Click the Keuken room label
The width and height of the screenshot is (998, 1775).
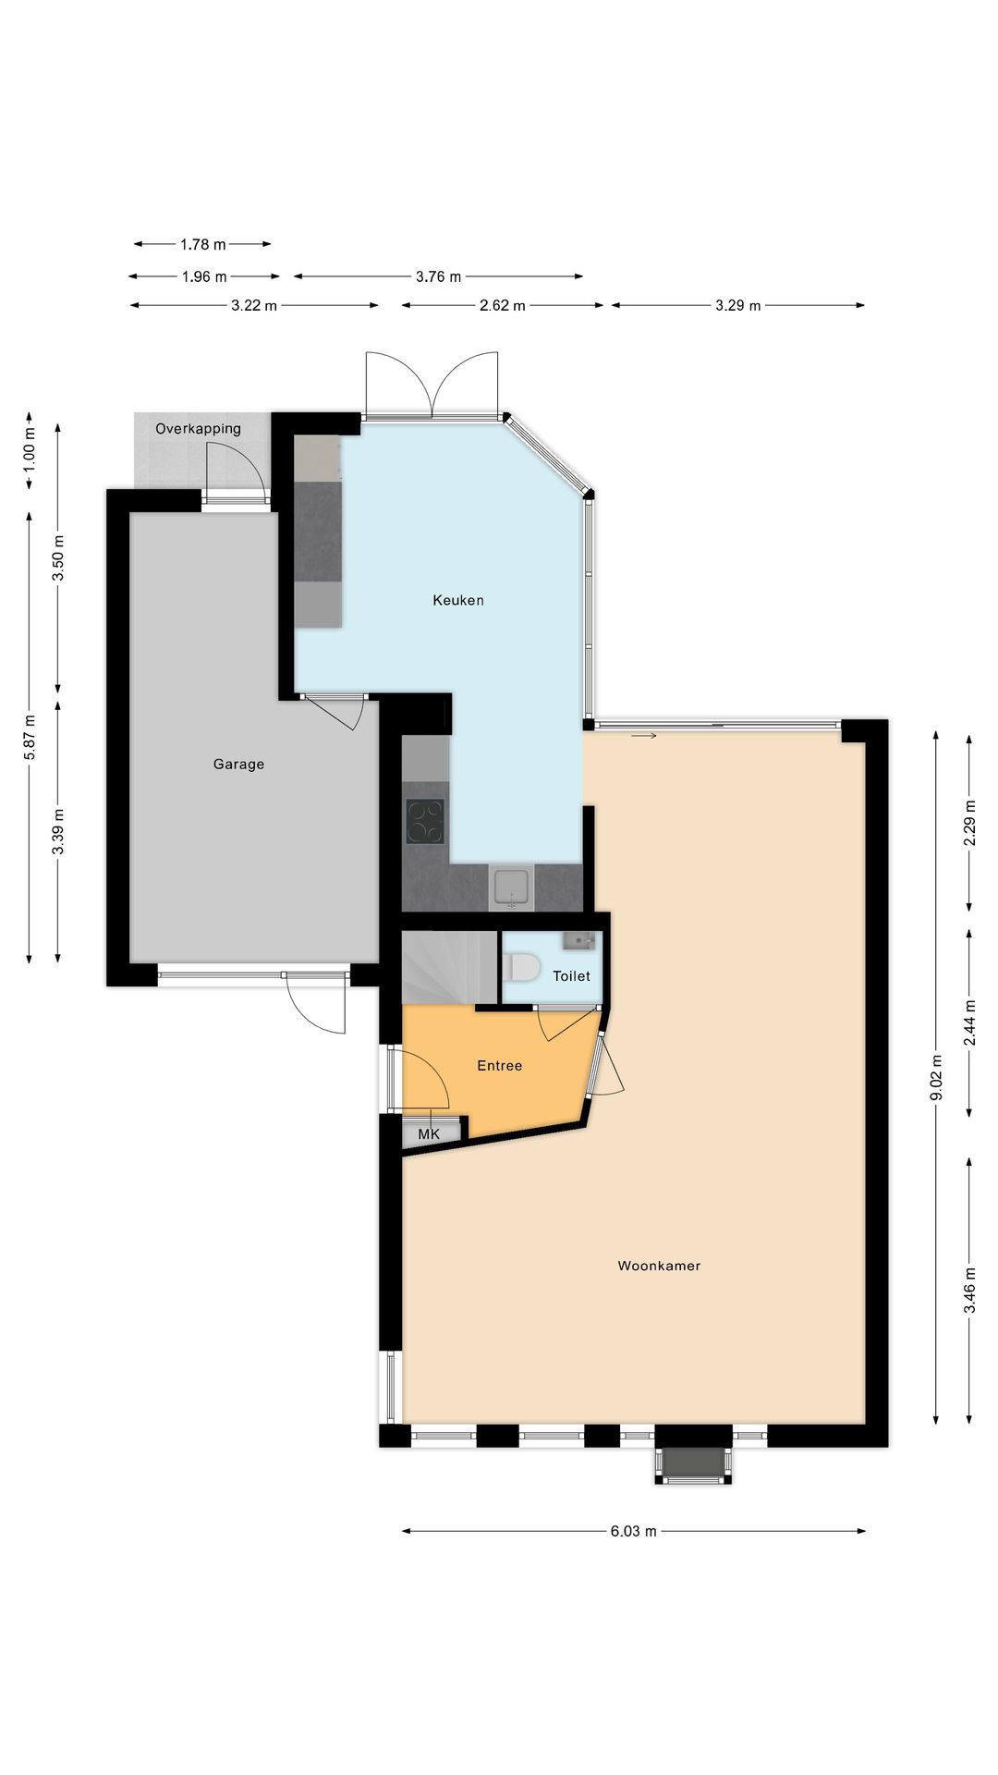(x=458, y=600)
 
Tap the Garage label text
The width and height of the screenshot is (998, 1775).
(x=238, y=764)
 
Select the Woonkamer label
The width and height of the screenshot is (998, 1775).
(x=659, y=1266)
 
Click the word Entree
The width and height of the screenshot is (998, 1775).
(x=499, y=1066)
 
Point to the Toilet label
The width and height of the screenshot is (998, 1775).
(x=571, y=975)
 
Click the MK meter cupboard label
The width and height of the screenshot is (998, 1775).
(x=429, y=1133)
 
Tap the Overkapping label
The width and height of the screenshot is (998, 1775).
(x=198, y=429)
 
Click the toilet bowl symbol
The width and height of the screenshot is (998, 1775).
(x=523, y=968)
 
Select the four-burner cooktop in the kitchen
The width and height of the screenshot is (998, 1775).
(x=425, y=821)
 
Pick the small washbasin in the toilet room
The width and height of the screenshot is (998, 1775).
(x=578, y=941)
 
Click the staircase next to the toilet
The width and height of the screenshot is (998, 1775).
(x=450, y=967)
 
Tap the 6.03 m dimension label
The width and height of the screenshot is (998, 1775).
(x=633, y=1531)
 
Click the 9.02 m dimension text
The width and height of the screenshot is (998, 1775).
(x=936, y=1077)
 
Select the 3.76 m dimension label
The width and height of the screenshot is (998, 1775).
(x=438, y=276)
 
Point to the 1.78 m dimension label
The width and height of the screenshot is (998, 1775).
(x=202, y=245)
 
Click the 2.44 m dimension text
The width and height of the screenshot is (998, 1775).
(x=969, y=1022)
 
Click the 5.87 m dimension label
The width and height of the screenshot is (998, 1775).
(x=30, y=737)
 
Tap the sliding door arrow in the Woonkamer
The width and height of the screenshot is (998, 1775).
(x=644, y=736)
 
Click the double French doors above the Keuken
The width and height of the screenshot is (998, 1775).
(x=432, y=386)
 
